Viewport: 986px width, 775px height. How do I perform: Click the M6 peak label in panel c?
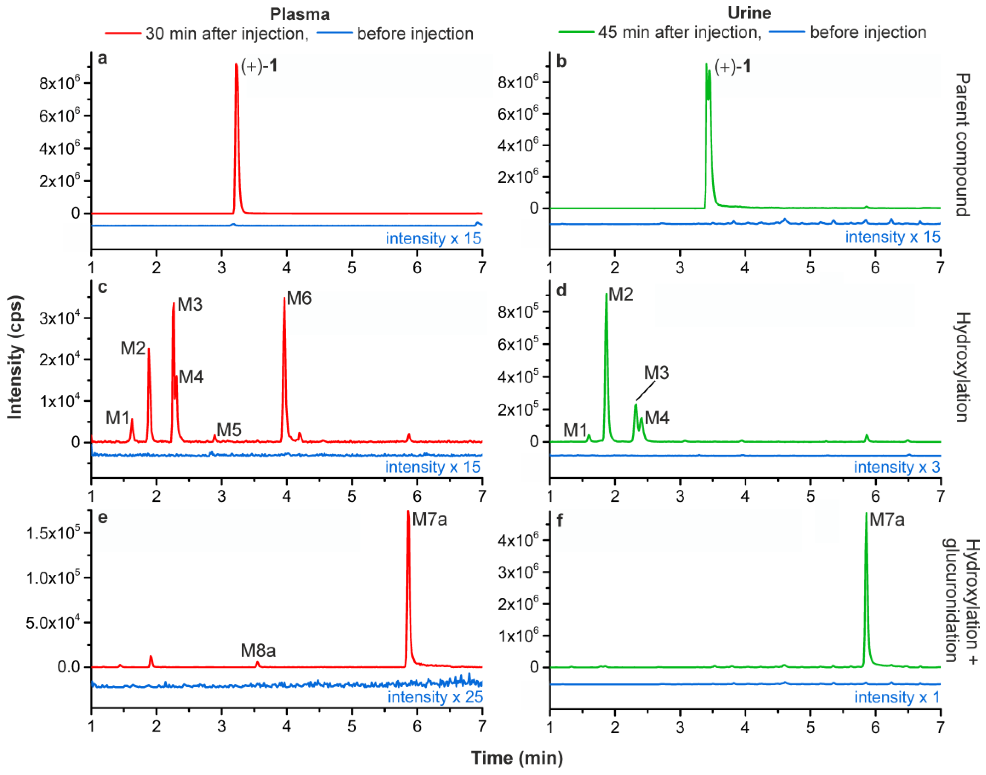pyautogui.click(x=299, y=299)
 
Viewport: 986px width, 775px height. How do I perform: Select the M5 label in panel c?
pyautogui.click(x=229, y=430)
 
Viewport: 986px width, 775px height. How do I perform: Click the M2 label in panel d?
pyautogui.click(x=621, y=295)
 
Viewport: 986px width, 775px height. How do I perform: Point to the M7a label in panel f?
pyautogui.click(x=887, y=520)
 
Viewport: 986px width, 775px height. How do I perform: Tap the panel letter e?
pyautogui.click(x=103, y=517)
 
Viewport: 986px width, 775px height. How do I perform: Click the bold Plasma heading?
pyautogui.click(x=300, y=14)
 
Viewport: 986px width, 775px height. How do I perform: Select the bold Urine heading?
pyautogui.click(x=749, y=13)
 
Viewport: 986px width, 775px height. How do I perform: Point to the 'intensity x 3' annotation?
pyautogui.click(x=897, y=467)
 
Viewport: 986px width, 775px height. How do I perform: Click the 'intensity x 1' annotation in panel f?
pyautogui.click(x=897, y=697)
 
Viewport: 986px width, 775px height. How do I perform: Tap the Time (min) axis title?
pyautogui.click(x=517, y=758)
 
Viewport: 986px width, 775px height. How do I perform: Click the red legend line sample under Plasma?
pyautogui.click(x=123, y=33)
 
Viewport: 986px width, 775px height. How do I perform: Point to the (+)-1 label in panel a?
pyautogui.click(x=259, y=67)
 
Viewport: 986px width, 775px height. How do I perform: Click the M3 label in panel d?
pyautogui.click(x=656, y=373)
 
